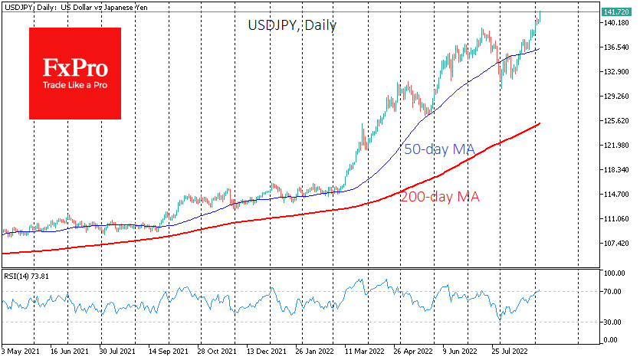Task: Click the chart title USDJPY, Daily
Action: tap(292, 25)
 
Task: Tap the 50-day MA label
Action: tap(438, 150)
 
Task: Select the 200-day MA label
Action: tap(440, 197)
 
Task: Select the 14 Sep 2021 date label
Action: tap(168, 352)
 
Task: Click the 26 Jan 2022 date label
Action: tap(313, 352)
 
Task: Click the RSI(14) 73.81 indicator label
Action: tap(30, 276)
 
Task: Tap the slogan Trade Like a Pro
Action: tap(75, 85)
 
